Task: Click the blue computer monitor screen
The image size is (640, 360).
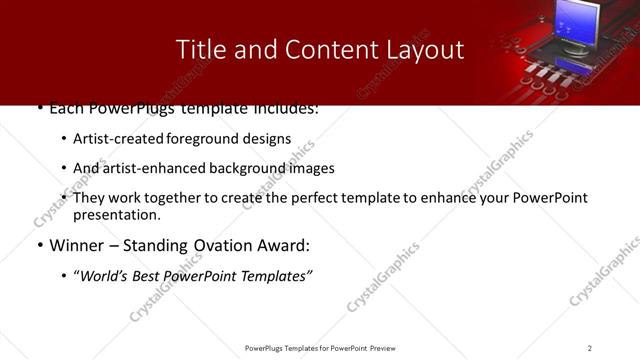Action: pos(581,22)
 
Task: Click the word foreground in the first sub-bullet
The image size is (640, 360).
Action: pos(220,139)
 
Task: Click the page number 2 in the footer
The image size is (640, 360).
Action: pos(589,348)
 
